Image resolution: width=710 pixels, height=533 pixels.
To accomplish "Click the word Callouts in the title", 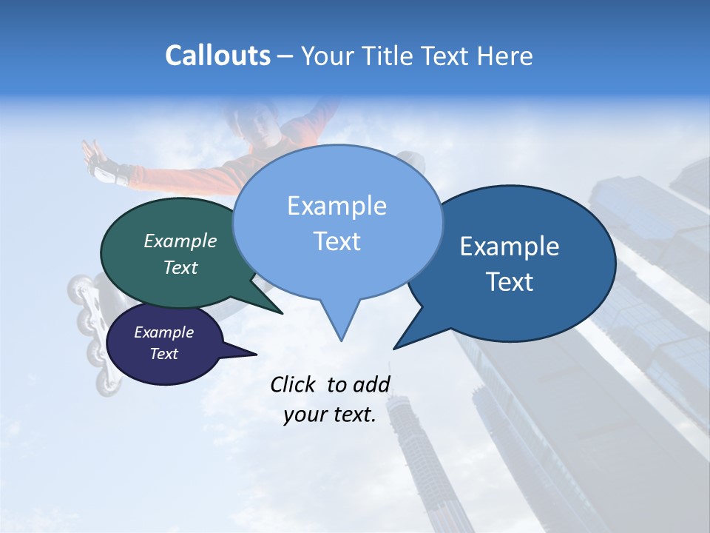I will point(217,56).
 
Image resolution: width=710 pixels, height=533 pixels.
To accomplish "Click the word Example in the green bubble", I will point(180,241).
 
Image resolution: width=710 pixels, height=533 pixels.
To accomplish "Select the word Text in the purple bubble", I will point(164,354).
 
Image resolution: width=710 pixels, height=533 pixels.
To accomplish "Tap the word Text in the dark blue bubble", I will point(510,282).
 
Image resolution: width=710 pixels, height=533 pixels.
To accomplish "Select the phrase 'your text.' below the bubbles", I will point(330,415).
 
